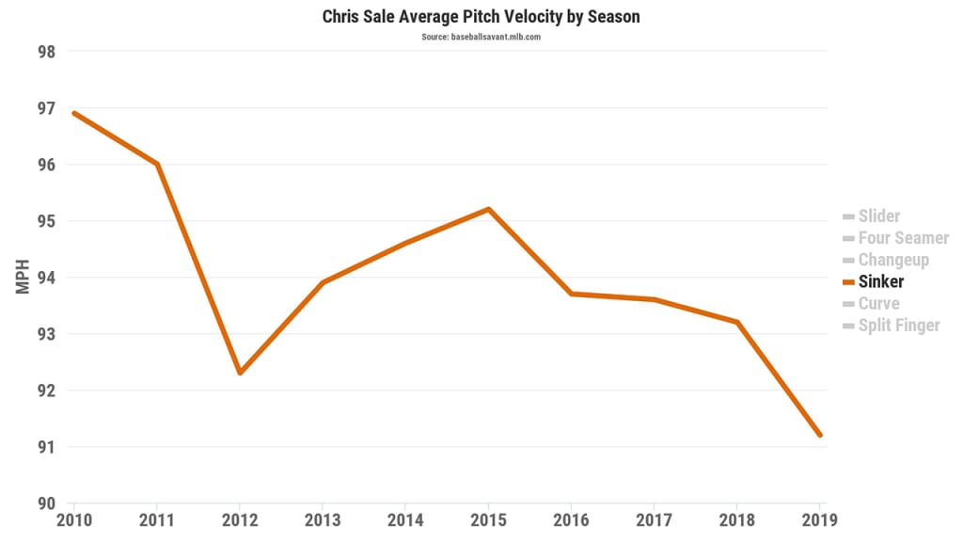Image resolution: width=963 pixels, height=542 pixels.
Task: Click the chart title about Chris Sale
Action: pos(481,17)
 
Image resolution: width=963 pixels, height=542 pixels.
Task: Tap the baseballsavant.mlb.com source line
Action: pos(481,37)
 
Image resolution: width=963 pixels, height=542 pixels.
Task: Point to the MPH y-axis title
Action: pos(24,277)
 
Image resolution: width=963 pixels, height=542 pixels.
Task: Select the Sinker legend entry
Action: pos(880,281)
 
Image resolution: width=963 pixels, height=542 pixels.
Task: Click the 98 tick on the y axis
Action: pos(46,52)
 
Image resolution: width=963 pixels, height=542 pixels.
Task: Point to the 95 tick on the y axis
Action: pos(46,221)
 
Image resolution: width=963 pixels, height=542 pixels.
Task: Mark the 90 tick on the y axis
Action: pos(46,503)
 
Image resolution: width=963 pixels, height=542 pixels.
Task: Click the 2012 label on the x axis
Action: pos(240,518)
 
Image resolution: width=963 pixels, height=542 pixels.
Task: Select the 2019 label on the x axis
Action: pos(818,518)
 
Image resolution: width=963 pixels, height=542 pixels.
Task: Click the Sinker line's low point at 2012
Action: pos(240,373)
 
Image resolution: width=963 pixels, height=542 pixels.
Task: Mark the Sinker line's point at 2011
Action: pos(157,164)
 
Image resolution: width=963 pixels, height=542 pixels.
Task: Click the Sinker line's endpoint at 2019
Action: pos(820,435)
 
